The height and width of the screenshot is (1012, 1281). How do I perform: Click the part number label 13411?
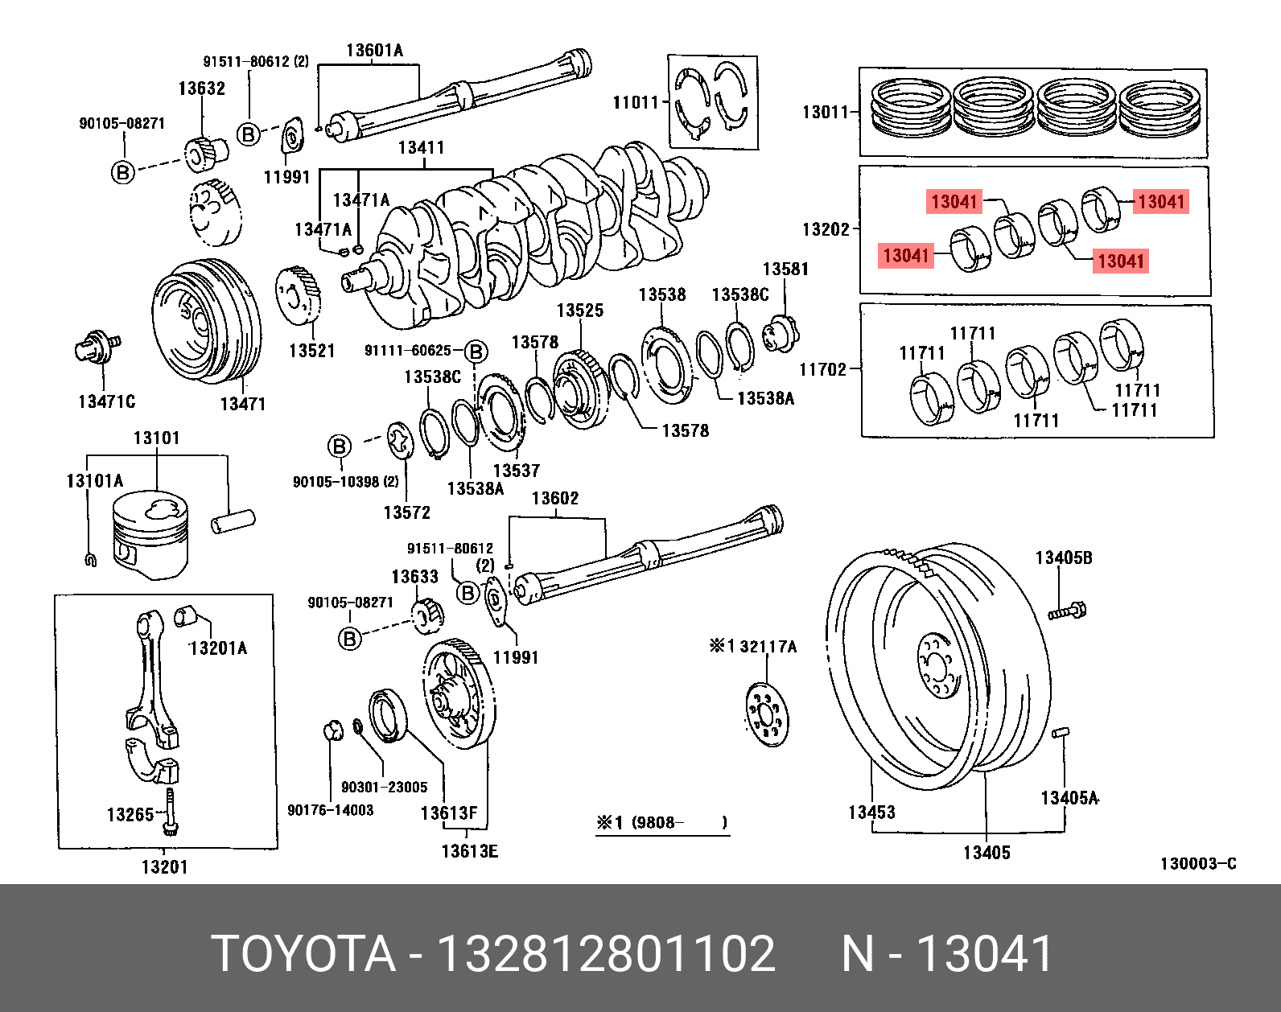[421, 147]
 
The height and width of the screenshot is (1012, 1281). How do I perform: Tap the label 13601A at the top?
[374, 51]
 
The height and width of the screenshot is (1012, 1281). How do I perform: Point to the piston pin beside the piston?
[233, 520]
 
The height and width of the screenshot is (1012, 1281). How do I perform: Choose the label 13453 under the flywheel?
[871, 812]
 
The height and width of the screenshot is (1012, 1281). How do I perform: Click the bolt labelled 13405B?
[1067, 611]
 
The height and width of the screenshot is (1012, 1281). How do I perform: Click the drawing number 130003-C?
[1197, 864]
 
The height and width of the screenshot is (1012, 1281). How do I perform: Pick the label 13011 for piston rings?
[825, 112]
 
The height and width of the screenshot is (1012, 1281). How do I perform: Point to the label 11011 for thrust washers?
[636, 102]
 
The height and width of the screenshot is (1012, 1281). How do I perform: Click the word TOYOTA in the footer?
[303, 954]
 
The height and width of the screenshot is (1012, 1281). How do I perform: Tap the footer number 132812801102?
[606, 954]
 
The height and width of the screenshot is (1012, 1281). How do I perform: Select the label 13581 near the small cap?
[785, 269]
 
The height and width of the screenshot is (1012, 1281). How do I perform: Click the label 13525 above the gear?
[579, 311]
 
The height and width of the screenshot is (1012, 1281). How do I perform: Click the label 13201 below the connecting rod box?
[164, 866]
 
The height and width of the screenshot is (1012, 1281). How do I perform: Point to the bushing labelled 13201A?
[187, 615]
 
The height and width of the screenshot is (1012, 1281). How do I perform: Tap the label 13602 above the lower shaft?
[555, 499]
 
